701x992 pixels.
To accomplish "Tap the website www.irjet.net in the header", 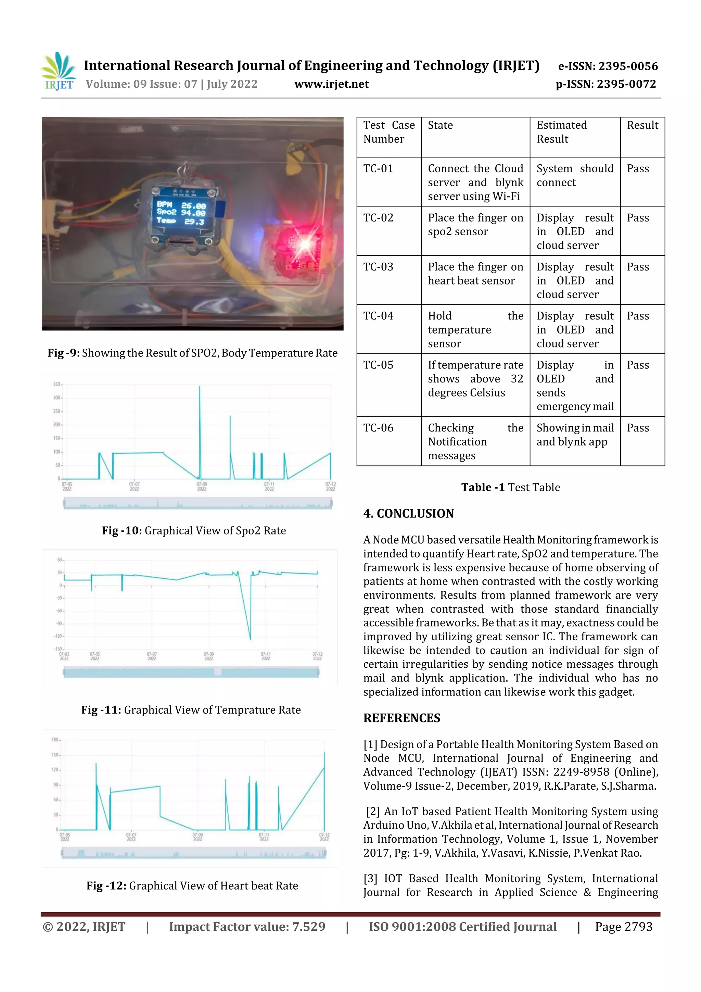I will (x=331, y=84).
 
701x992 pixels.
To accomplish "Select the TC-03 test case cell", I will (x=378, y=267).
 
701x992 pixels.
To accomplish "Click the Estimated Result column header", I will (x=561, y=132).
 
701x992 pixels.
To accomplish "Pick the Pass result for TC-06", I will (x=638, y=428).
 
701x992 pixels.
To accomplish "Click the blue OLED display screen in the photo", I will (x=181, y=213).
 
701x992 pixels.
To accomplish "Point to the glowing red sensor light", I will (x=305, y=244).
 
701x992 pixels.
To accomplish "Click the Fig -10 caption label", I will (x=122, y=530).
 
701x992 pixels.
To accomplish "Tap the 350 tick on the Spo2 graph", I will (x=56, y=384).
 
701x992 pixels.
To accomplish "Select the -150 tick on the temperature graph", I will (x=58, y=649).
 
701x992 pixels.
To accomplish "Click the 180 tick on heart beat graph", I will (x=55, y=740).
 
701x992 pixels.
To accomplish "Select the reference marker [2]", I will (x=372, y=812).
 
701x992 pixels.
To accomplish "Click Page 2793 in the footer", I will (x=623, y=926).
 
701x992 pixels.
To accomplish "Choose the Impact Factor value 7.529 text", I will (x=247, y=926).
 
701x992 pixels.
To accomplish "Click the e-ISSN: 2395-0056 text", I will (x=607, y=66).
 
